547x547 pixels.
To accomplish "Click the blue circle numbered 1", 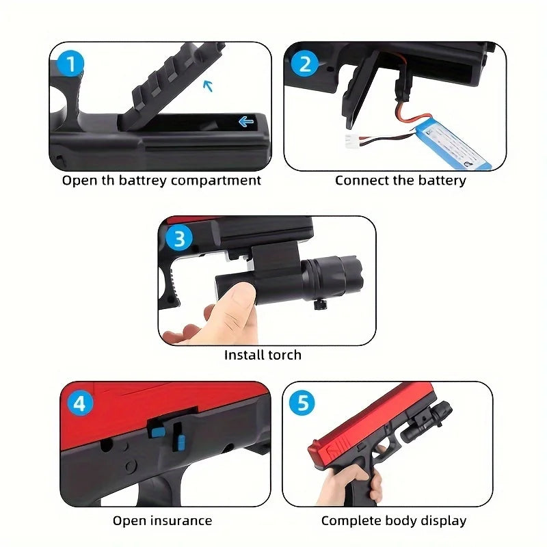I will (x=70, y=65).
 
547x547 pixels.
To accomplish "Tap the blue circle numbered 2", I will (x=305, y=65).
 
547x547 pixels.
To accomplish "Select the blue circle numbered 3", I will (x=179, y=239).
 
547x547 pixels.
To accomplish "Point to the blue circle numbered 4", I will (x=80, y=403).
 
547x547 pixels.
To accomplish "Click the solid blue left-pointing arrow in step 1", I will (x=245, y=122).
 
